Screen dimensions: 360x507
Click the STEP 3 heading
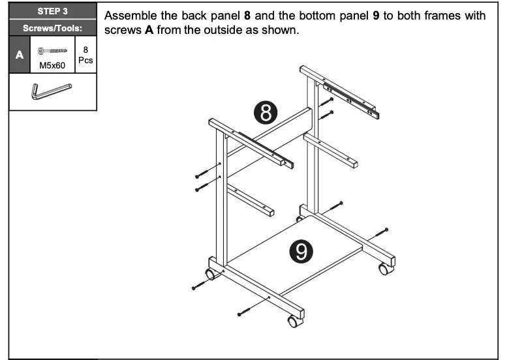point(52,11)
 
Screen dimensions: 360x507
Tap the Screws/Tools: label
point(52,28)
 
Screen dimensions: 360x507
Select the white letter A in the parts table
point(19,55)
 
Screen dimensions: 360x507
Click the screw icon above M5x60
point(52,50)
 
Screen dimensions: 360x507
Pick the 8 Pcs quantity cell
point(85,55)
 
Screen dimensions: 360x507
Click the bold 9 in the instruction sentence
point(376,16)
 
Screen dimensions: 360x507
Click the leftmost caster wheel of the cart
point(211,273)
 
